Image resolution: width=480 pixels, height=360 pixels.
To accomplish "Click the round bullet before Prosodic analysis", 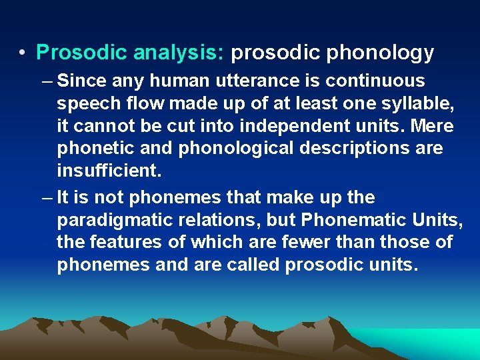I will click(23, 52).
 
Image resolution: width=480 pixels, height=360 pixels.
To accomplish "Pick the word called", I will click(252, 265).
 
